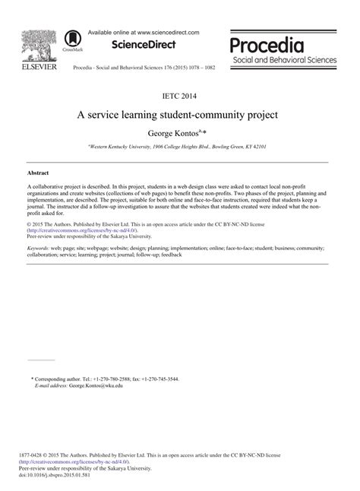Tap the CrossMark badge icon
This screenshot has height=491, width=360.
click(72, 40)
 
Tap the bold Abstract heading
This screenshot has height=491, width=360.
click(39, 173)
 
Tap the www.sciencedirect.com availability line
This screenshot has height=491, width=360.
click(144, 32)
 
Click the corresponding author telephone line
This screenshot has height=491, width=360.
click(107, 379)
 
